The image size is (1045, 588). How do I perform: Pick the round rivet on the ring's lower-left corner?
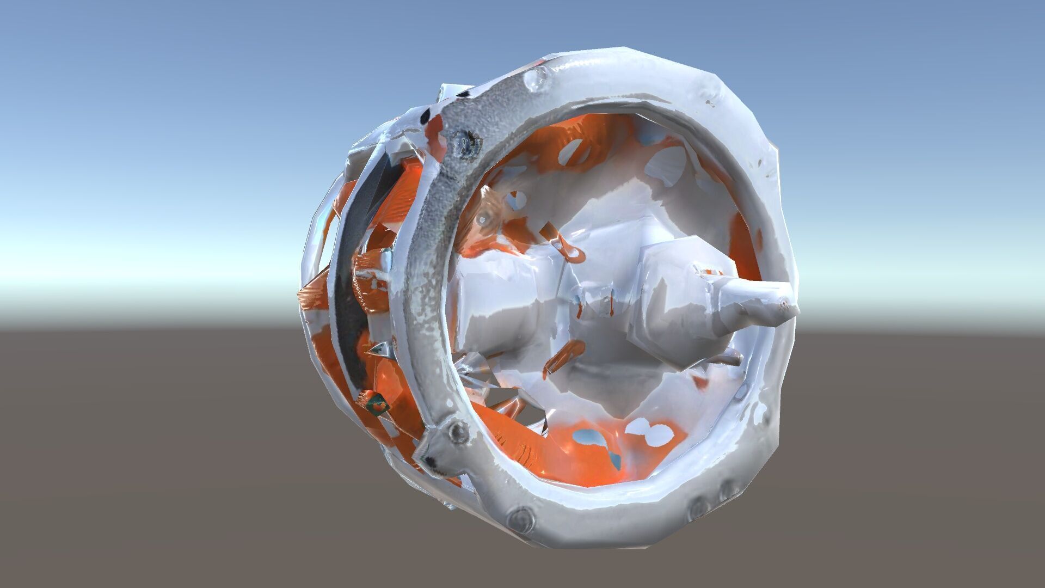point(456,433)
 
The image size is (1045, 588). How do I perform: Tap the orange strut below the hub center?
point(563,357)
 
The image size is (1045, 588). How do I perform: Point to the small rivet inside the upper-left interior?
point(482,219)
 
